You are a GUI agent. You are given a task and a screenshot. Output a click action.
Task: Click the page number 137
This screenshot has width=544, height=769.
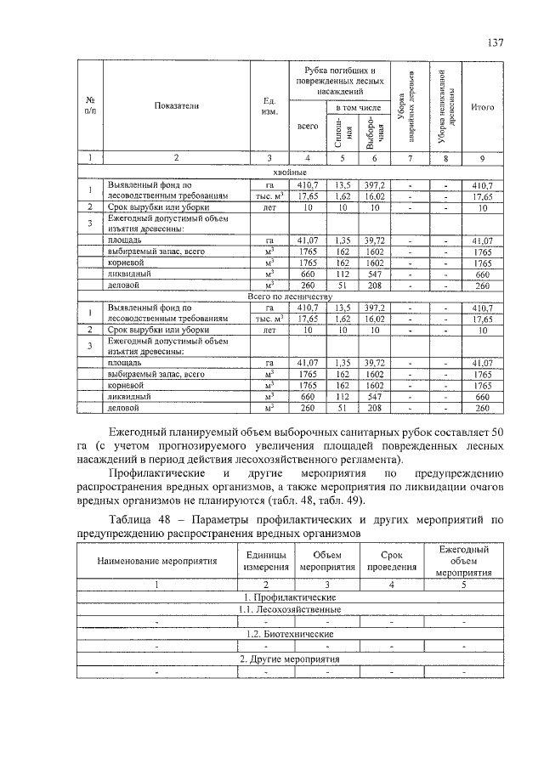point(496,42)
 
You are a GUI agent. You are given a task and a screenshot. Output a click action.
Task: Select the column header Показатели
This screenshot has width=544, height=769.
point(176,107)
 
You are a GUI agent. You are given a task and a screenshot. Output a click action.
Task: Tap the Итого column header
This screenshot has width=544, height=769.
point(482,107)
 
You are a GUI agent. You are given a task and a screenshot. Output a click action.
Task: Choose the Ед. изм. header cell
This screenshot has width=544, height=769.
point(269,107)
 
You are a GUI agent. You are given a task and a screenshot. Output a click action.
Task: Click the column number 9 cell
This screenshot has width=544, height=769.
point(482,158)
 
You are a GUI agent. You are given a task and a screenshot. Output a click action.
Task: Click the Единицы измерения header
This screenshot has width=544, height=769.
point(266,562)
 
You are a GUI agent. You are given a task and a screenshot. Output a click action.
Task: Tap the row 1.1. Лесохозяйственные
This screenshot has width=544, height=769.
point(290,609)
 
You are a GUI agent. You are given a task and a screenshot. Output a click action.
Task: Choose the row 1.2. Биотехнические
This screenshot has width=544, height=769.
point(290,634)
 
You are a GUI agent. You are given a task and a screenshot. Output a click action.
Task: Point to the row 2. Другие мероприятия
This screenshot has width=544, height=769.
point(290,659)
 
